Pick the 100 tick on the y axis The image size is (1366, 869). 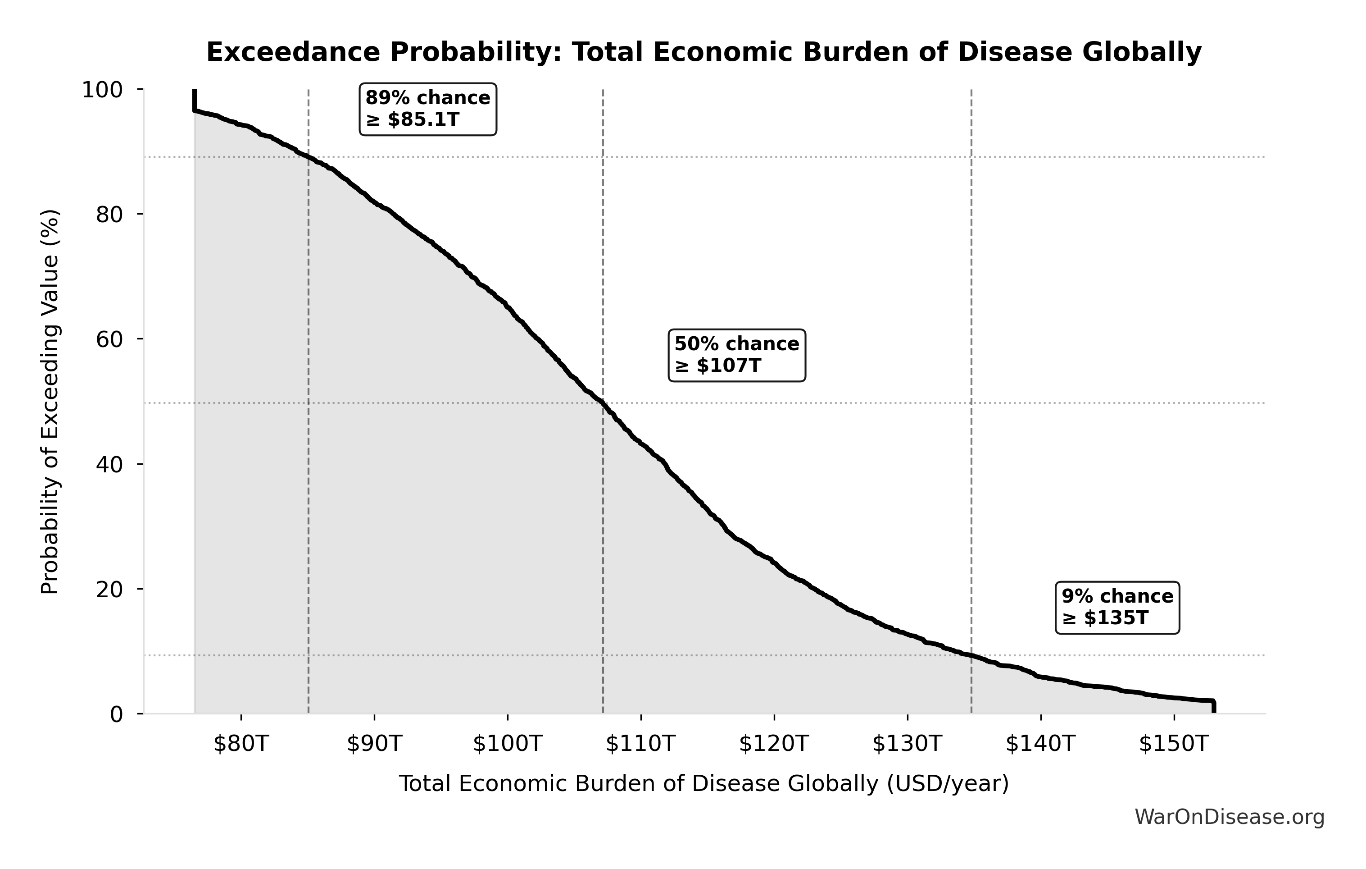102,90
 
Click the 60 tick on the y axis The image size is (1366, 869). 109,339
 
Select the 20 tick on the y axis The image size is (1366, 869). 109,589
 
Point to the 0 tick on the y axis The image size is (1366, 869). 116,714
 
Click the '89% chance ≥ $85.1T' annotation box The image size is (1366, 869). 428,109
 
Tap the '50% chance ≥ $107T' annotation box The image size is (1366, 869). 736,355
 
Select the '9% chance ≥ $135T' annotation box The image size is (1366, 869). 1117,607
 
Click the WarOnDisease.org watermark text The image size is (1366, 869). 1229,817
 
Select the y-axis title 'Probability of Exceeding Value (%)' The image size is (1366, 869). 50,402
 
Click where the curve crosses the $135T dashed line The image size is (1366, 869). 971,656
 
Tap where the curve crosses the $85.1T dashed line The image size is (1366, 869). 308,157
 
